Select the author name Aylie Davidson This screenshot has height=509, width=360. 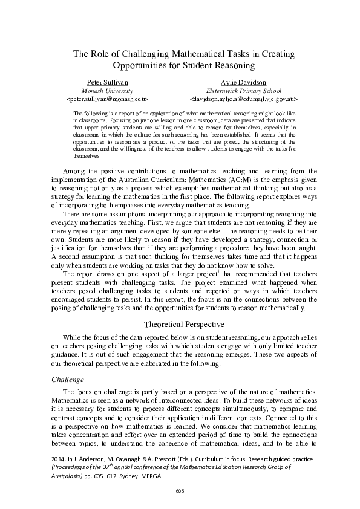click(243, 82)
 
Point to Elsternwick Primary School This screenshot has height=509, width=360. click(243, 89)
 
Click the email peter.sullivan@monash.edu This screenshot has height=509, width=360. click(106, 97)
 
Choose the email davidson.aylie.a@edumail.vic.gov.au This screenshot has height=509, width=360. click(243, 97)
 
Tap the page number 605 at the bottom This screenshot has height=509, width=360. click(180, 490)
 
